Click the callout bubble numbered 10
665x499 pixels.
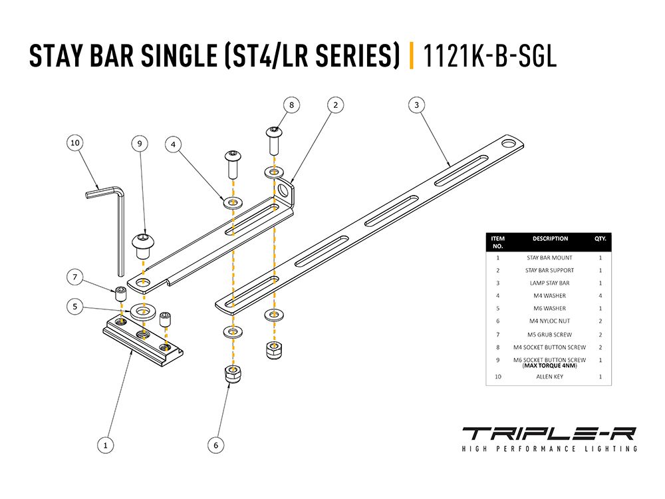(74, 142)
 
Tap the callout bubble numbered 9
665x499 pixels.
(140, 142)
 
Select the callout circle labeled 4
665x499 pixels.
(173, 143)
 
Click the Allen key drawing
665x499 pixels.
(113, 220)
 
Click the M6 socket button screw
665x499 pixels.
(142, 244)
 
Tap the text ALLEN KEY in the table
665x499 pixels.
(549, 377)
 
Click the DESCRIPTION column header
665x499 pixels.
(550, 238)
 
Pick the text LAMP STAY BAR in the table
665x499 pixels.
(549, 283)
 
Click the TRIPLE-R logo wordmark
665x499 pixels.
(549, 433)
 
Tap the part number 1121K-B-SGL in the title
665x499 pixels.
(489, 56)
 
